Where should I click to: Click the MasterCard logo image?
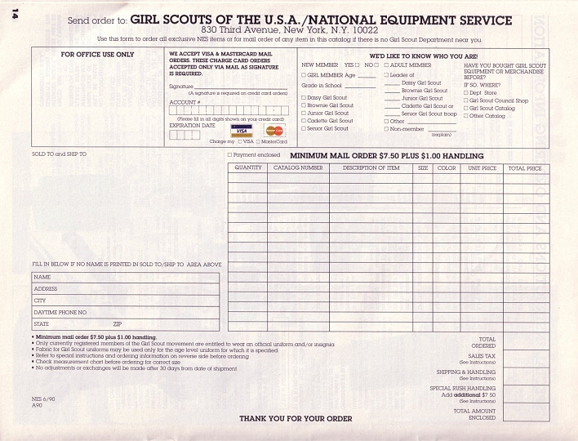point(274,130)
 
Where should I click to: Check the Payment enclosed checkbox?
point(229,154)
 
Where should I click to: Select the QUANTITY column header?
point(248,168)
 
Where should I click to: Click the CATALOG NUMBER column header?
point(298,168)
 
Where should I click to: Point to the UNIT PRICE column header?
point(482,168)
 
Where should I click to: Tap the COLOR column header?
point(447,168)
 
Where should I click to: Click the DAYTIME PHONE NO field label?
point(60,312)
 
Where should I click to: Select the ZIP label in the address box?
point(117,324)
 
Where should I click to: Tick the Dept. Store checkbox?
point(466,93)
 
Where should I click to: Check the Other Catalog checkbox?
point(466,116)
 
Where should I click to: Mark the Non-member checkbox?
point(387,129)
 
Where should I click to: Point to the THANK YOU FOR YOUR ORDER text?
point(296,419)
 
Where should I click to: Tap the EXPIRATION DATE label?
point(192,126)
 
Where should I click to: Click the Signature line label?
point(181,86)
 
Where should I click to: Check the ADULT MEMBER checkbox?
point(387,65)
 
